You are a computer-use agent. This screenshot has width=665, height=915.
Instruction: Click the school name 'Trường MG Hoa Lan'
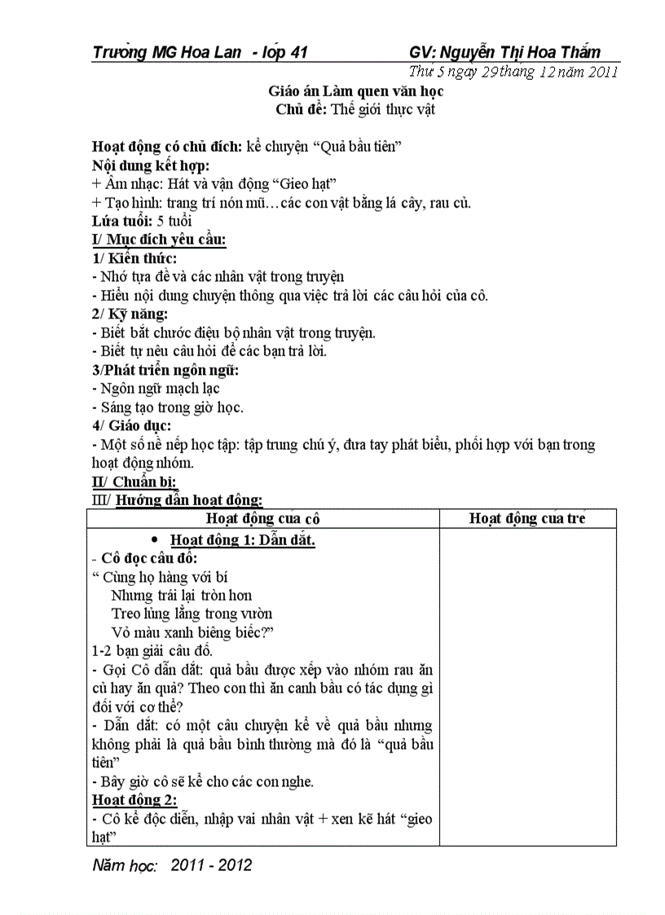(x=167, y=53)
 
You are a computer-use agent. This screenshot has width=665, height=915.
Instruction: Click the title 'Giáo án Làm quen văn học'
(x=356, y=91)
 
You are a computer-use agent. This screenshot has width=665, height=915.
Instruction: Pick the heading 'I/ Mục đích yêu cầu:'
(x=159, y=239)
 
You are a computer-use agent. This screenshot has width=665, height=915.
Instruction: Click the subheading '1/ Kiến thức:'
(x=134, y=257)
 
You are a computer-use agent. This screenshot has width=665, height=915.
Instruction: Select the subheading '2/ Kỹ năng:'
(x=130, y=314)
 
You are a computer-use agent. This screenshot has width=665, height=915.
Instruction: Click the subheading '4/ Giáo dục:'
(x=131, y=425)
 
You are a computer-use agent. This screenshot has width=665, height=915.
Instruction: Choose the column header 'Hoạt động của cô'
(x=262, y=519)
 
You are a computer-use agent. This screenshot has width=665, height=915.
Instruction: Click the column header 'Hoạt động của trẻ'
(x=527, y=519)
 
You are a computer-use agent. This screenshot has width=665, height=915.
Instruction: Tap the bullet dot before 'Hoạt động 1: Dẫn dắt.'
(x=154, y=539)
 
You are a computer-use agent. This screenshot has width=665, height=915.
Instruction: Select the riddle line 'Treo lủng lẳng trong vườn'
(x=192, y=614)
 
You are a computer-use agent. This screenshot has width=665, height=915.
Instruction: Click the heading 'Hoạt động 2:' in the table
(x=134, y=799)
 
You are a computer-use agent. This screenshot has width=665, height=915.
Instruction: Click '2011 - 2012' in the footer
(x=211, y=865)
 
